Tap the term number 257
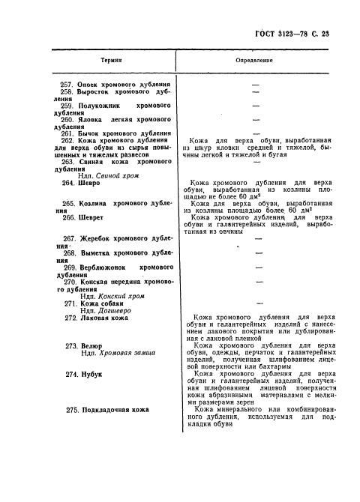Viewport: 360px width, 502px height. (67, 85)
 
